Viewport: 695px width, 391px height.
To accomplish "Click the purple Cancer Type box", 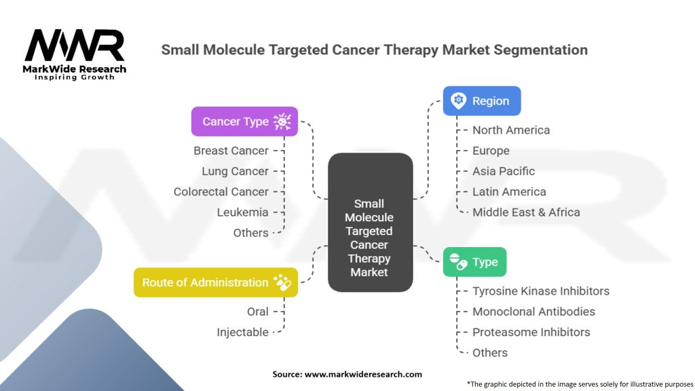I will [x=244, y=122].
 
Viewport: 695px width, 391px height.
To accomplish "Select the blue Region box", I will [x=481, y=100].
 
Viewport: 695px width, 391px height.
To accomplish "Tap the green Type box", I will [x=474, y=262].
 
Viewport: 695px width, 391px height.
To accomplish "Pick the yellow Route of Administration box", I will [x=215, y=282].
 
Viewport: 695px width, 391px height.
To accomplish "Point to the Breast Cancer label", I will [x=231, y=151].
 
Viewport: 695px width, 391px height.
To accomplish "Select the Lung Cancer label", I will [x=235, y=171].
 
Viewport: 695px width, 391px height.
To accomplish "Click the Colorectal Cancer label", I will [x=221, y=191].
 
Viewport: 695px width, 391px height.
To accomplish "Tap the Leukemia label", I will [x=242, y=212].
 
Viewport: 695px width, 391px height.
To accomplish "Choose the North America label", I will [x=511, y=130].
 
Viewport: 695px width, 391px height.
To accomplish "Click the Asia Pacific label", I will [x=504, y=171].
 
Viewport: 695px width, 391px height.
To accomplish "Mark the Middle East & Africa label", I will [x=526, y=212].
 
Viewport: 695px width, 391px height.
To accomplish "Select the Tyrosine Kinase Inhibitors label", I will [x=541, y=291].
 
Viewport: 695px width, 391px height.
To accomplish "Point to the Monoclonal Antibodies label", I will [x=533, y=312].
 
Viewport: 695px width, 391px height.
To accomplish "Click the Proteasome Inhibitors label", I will [x=531, y=332].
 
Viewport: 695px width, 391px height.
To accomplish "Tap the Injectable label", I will [x=242, y=332].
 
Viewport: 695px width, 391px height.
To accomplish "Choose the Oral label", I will [x=257, y=312].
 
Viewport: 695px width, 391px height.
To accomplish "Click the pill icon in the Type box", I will [x=459, y=262].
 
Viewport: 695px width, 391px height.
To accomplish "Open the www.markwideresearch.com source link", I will [x=363, y=374].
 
